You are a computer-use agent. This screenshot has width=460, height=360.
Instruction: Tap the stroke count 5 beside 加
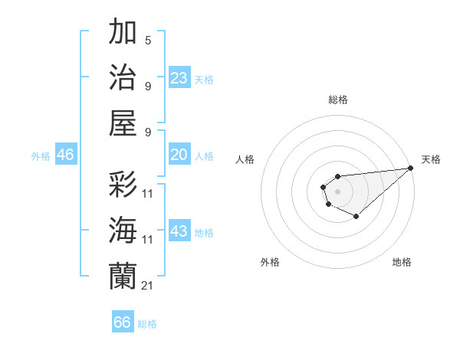tap(148, 41)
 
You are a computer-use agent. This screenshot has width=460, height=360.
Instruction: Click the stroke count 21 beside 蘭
tap(148, 285)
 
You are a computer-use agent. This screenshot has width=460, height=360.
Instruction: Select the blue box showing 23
tap(179, 77)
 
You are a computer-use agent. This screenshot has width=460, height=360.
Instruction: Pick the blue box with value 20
tap(179, 155)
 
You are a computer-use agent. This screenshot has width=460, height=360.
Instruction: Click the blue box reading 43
tap(179, 231)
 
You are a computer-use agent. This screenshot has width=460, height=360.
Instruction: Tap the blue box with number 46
tap(65, 155)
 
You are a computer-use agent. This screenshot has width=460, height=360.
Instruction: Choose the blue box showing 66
tap(123, 322)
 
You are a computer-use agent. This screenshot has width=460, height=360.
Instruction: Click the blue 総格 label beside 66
tap(147, 324)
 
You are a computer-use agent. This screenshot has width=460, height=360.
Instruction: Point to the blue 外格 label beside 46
tap(41, 156)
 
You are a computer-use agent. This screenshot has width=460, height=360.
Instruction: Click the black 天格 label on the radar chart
tap(431, 159)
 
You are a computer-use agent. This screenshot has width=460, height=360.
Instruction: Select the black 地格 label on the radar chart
tap(402, 262)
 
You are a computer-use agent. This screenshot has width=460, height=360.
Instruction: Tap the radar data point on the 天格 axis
tap(411, 168)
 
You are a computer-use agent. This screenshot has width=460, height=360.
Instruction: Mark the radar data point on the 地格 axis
tap(356, 217)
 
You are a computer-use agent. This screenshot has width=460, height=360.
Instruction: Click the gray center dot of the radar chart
tap(337, 190)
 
